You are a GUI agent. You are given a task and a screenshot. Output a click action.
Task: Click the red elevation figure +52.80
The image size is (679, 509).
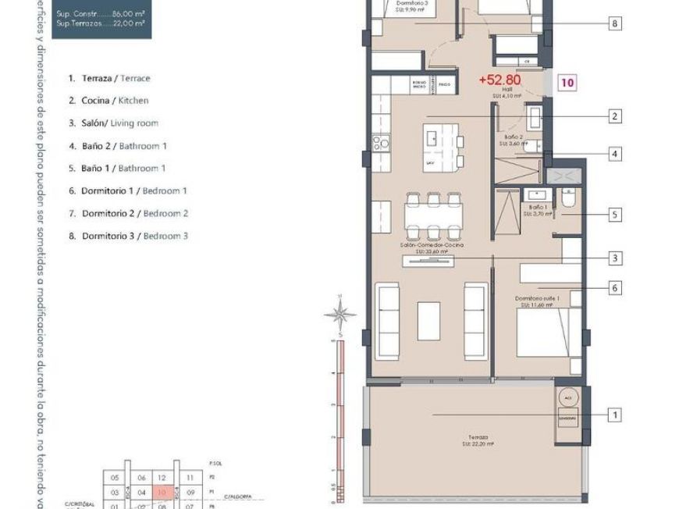pyautogui.click(x=499, y=80)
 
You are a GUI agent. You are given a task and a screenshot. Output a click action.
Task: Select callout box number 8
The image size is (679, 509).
pyautogui.click(x=615, y=24)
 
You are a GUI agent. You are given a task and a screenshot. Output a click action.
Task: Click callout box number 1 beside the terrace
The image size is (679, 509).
pyautogui.click(x=615, y=415)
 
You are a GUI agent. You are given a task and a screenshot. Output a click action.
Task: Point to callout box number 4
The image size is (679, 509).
pyautogui.click(x=615, y=155)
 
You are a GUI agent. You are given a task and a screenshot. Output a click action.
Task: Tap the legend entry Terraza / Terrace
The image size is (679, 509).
pyautogui.click(x=109, y=78)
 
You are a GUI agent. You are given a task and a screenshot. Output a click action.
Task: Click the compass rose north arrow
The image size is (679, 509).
pyautogui.click(x=339, y=314)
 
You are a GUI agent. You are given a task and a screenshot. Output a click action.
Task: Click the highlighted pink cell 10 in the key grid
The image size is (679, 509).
pyautogui.click(x=162, y=493)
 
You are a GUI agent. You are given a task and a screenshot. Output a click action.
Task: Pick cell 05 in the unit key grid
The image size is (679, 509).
pyautogui.click(x=115, y=478)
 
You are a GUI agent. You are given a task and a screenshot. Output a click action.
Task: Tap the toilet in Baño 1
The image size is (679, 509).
pyautogui.click(x=567, y=202)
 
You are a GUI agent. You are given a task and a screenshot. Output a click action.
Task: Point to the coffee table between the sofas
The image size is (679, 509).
pyautogui.click(x=428, y=321)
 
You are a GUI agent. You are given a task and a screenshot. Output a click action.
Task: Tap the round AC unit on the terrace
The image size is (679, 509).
pyautogui.click(x=567, y=397)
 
